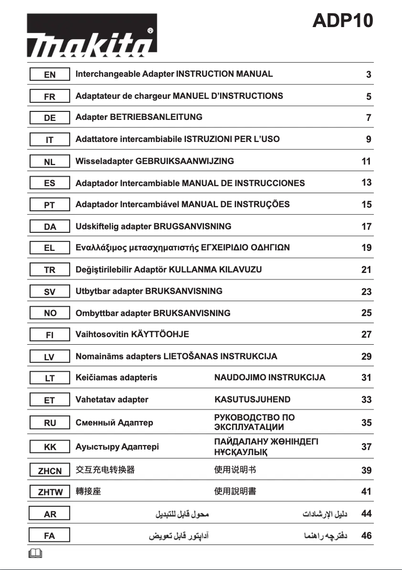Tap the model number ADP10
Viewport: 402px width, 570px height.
coord(343,21)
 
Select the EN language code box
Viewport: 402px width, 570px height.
coord(50,75)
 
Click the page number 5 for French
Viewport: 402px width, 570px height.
coord(368,96)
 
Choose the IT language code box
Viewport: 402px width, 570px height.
coord(50,140)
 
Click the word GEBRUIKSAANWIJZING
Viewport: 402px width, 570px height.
coord(184,161)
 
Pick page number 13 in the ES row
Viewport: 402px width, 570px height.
coord(366,183)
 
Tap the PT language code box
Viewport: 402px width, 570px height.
coord(50,205)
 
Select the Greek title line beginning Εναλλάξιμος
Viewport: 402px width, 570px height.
coord(182,248)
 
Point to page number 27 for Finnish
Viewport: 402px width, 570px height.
coord(366,334)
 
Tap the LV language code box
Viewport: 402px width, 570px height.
coord(50,357)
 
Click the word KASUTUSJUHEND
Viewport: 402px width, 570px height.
coord(252,400)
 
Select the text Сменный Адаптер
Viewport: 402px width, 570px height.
coord(114,422)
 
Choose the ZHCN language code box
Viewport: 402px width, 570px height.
coord(50,471)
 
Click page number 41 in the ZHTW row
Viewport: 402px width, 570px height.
coord(366,492)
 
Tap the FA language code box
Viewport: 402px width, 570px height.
coord(50,536)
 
